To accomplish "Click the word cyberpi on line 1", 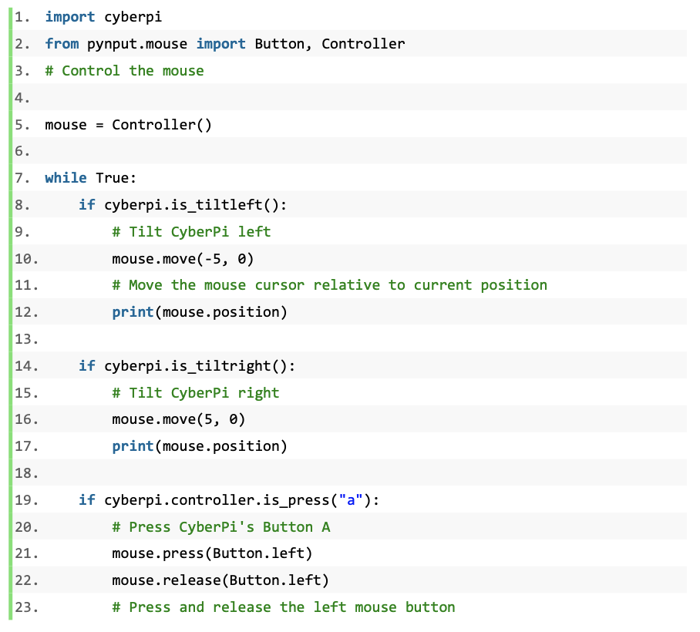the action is pos(133,18).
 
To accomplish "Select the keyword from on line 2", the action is pos(62,44).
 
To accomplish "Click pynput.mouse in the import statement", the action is pos(137,45).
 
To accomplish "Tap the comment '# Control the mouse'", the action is pos(125,70).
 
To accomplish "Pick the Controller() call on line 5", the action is pos(162,125).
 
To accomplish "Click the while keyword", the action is pos(66,177).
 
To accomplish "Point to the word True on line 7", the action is pos(112,177).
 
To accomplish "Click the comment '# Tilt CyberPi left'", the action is pos(191,232).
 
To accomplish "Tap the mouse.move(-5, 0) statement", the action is pos(183,259).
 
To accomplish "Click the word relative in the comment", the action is pos(346,284).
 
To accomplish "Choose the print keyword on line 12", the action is pos(133,312).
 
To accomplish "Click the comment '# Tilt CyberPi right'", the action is pos(196,393).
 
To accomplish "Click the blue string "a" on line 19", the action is pos(351,499).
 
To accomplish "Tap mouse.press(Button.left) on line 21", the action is pos(212,553).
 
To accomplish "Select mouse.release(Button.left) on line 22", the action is pos(220,580).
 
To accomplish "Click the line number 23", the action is pos(26,607).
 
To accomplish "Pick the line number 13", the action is pos(26,339).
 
